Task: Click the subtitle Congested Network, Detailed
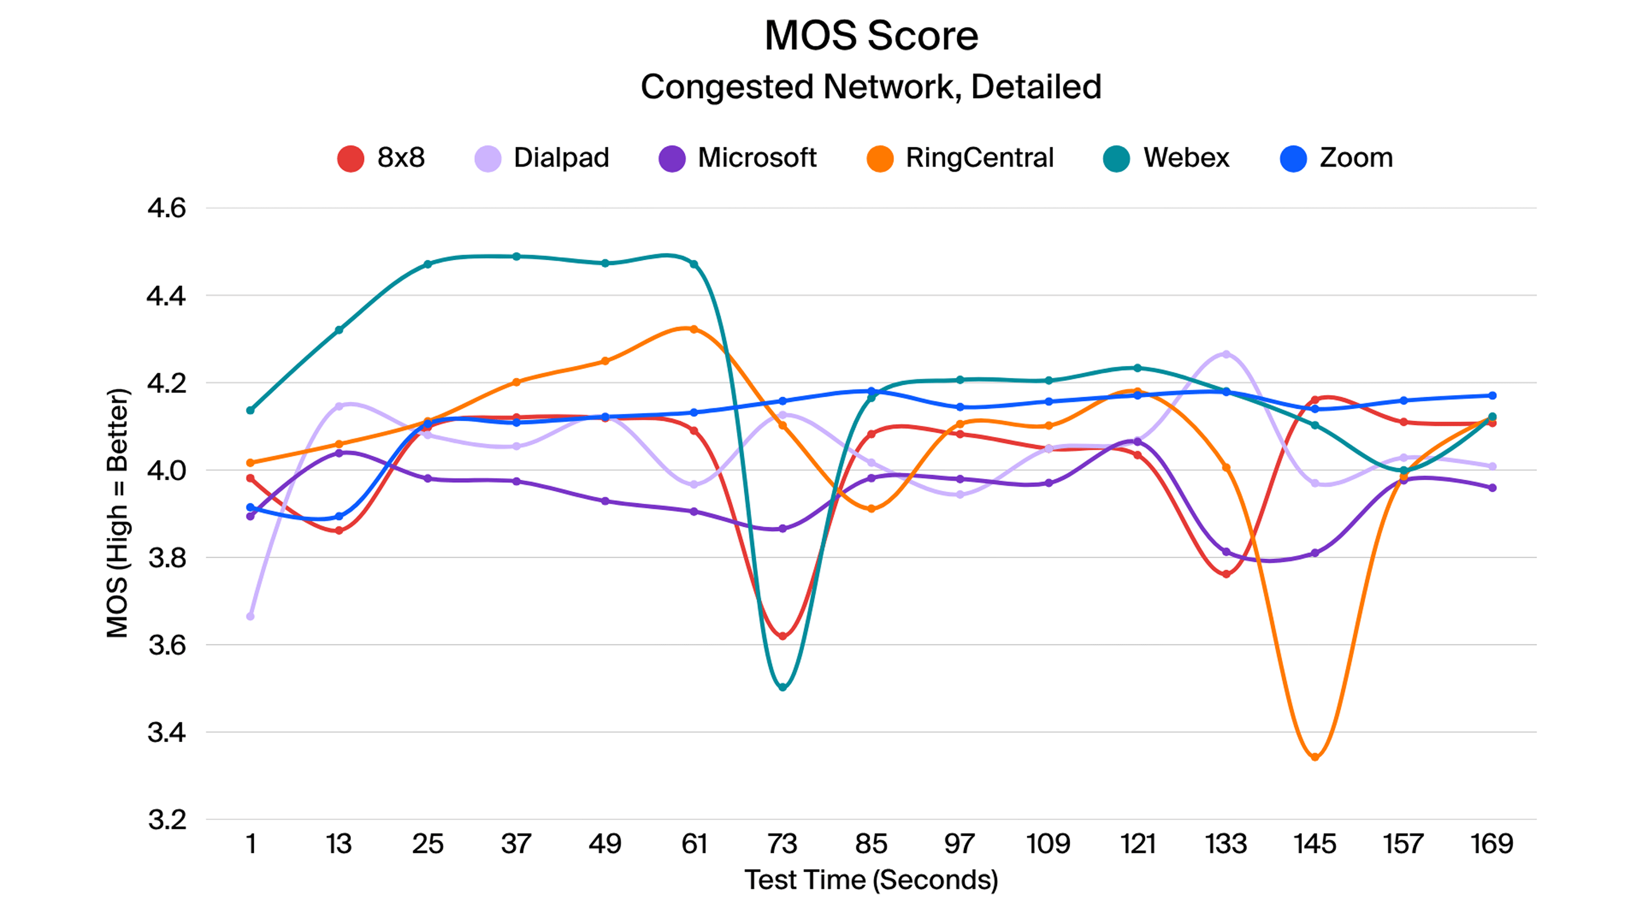click(871, 87)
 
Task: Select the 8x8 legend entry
click(381, 158)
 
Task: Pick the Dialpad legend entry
click(543, 158)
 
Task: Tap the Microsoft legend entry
click(737, 158)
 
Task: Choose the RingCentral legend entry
click(960, 158)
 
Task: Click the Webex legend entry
click(1167, 158)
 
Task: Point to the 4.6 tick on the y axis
click(167, 209)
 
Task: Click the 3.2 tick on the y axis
click(167, 820)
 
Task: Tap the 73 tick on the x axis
click(783, 844)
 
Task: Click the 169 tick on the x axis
click(1492, 844)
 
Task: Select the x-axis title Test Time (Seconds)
click(871, 881)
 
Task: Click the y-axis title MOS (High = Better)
click(118, 513)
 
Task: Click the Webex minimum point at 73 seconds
click(783, 687)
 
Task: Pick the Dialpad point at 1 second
click(251, 616)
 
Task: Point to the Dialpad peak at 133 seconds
click(1226, 354)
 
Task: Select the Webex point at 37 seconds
click(517, 257)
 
